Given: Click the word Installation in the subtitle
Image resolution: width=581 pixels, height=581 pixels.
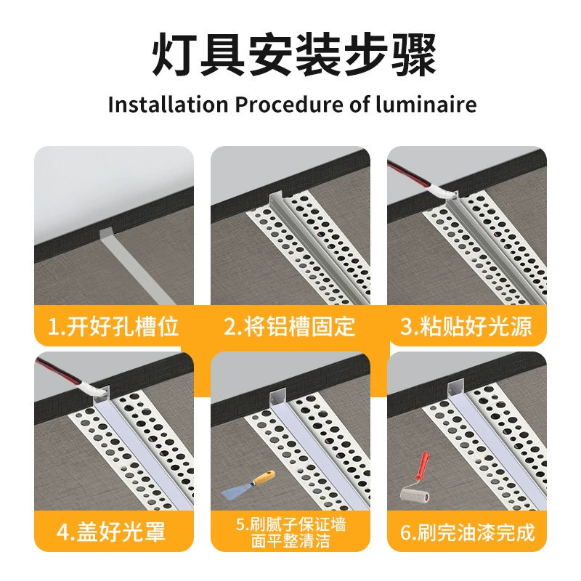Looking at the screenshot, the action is (x=168, y=104).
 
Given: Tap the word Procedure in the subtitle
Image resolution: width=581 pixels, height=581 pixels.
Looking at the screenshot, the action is (x=288, y=104).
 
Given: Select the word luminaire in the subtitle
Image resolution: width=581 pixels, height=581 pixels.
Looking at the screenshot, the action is (x=426, y=104).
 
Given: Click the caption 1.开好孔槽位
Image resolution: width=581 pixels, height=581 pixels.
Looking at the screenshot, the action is (x=113, y=326).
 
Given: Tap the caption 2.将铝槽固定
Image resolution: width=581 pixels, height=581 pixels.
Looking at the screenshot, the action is (x=290, y=326).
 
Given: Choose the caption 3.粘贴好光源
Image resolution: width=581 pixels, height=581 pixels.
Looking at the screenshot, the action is (x=466, y=326).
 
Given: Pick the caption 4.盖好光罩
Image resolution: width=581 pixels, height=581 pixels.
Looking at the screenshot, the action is (x=111, y=532).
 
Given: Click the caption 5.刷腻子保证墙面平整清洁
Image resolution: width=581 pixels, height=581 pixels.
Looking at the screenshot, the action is (x=290, y=532).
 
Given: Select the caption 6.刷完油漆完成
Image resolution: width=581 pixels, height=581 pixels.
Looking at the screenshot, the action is (x=468, y=532).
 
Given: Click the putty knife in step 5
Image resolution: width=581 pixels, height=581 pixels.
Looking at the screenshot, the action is (x=248, y=485).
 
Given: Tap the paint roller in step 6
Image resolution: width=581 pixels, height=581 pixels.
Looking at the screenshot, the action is (x=416, y=479).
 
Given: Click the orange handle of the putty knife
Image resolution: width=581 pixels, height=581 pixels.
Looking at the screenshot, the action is (x=264, y=477).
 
